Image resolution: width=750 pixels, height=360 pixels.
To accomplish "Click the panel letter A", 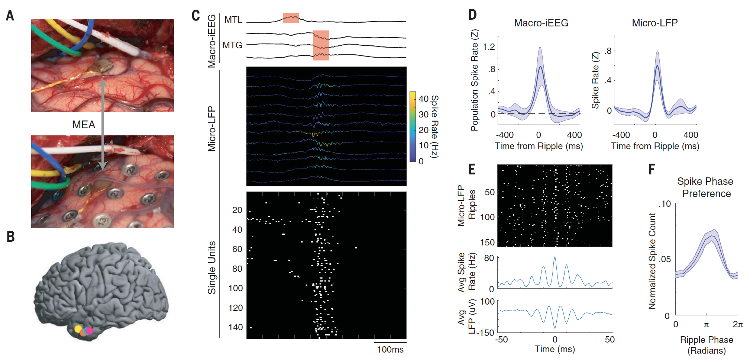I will coord(10,16).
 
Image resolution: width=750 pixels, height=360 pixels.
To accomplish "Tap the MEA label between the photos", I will coord(84,125).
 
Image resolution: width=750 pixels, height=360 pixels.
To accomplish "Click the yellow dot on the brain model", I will coord(78,329).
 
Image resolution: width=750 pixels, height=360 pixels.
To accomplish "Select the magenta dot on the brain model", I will coord(89,330).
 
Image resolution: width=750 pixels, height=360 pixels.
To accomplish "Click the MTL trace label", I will coord(233,20).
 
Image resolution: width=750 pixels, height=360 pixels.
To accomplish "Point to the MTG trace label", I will coord(232,45).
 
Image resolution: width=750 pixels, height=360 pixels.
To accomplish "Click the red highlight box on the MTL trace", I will coord(291,17).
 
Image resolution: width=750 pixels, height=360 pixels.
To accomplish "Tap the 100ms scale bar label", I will coord(390,350).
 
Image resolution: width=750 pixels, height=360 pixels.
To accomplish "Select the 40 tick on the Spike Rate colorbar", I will coord(424,99).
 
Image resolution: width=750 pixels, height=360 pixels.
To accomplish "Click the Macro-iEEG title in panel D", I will coord(541,23).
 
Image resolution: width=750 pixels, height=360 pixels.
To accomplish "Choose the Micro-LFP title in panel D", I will coord(655,23).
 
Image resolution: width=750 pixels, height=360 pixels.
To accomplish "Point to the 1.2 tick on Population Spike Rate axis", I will coord(489,47).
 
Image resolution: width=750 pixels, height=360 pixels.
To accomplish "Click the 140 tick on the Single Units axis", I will coord(236,327).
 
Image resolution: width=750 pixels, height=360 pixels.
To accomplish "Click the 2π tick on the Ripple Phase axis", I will coord(738,324).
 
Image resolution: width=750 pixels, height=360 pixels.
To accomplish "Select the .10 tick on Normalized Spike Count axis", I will coord(665,204).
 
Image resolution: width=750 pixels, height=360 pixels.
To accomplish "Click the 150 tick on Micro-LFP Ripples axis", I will coord(488,242).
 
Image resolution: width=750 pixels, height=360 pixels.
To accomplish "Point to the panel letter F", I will coord(652,170).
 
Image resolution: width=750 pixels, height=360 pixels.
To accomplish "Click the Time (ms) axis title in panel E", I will coord(555,349).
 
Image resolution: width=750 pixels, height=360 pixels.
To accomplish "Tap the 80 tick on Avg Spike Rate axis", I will coord(489,258).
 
